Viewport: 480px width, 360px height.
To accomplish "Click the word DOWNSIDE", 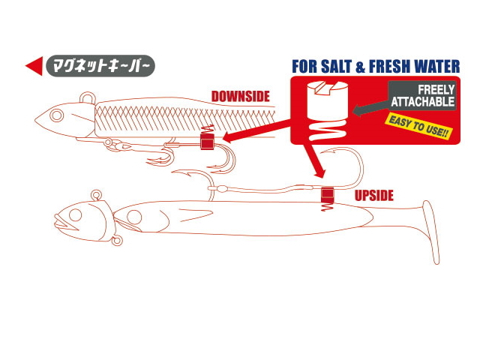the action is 240,97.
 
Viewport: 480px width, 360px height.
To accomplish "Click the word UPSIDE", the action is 373,196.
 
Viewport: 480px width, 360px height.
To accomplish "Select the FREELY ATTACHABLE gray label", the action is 422,96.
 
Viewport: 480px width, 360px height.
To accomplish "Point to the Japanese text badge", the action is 100,66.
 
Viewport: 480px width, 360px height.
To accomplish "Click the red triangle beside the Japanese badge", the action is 34,66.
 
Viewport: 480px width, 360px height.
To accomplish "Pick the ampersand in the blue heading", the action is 361,67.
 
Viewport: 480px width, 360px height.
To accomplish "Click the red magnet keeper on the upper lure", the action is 207,141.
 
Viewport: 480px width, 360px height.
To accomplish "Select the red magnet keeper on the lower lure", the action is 327,195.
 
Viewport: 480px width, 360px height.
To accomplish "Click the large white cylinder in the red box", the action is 328,100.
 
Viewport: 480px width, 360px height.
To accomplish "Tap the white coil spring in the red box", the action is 328,130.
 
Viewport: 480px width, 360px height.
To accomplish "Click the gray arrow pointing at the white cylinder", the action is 371,108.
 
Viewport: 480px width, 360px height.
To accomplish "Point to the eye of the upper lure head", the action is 57,115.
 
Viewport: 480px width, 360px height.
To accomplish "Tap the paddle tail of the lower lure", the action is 432,232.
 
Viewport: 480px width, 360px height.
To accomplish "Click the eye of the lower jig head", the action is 75,214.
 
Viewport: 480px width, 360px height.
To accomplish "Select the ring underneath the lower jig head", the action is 117,241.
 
